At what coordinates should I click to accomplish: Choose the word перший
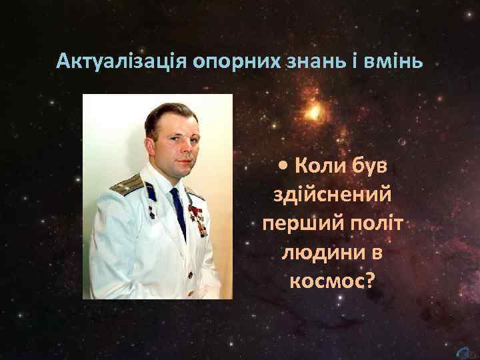[x=298, y=223]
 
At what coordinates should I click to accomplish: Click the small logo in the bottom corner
[x=465, y=351]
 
